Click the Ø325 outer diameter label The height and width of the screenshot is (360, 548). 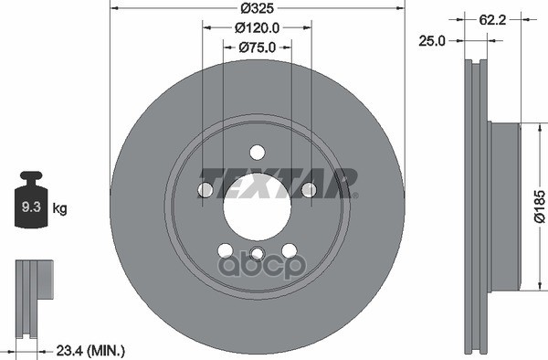click(x=257, y=8)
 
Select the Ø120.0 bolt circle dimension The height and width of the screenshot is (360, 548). click(x=257, y=27)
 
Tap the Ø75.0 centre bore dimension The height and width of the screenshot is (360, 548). click(x=257, y=47)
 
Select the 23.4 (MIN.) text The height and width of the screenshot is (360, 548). click(x=90, y=349)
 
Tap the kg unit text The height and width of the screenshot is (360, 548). click(x=60, y=209)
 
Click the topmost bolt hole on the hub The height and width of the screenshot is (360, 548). click(x=257, y=153)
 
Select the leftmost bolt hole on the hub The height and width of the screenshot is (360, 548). click(x=205, y=190)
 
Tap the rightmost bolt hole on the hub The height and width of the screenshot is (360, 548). click(x=309, y=190)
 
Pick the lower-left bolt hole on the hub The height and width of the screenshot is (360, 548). click(x=225, y=251)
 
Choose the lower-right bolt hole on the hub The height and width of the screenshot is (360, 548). click(x=289, y=251)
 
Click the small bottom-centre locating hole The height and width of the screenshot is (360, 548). click(x=257, y=254)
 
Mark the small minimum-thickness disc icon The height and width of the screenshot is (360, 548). click(x=31, y=292)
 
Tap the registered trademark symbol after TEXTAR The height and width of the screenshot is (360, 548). click(x=355, y=194)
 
